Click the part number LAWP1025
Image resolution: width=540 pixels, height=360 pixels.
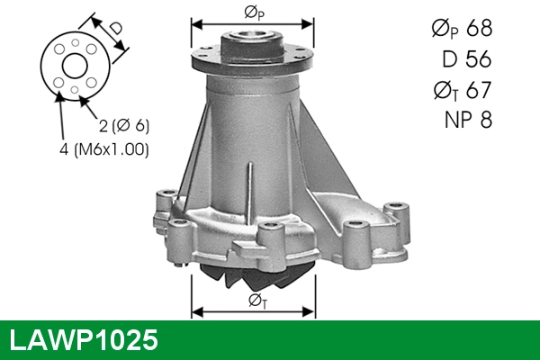click(x=84, y=340)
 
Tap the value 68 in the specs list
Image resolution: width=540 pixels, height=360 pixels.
click(x=479, y=28)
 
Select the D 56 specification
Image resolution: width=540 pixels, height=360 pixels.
click(x=466, y=58)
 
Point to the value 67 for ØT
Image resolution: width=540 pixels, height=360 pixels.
click(x=479, y=90)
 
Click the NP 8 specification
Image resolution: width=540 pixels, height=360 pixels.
click(x=468, y=120)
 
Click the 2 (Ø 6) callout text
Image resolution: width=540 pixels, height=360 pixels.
click(x=124, y=126)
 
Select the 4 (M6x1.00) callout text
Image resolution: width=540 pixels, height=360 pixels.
click(x=104, y=149)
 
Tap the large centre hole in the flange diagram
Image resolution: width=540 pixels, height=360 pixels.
click(x=75, y=66)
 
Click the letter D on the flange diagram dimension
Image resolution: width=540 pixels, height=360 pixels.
click(x=116, y=28)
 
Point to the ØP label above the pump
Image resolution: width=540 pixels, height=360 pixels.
click(x=254, y=13)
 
